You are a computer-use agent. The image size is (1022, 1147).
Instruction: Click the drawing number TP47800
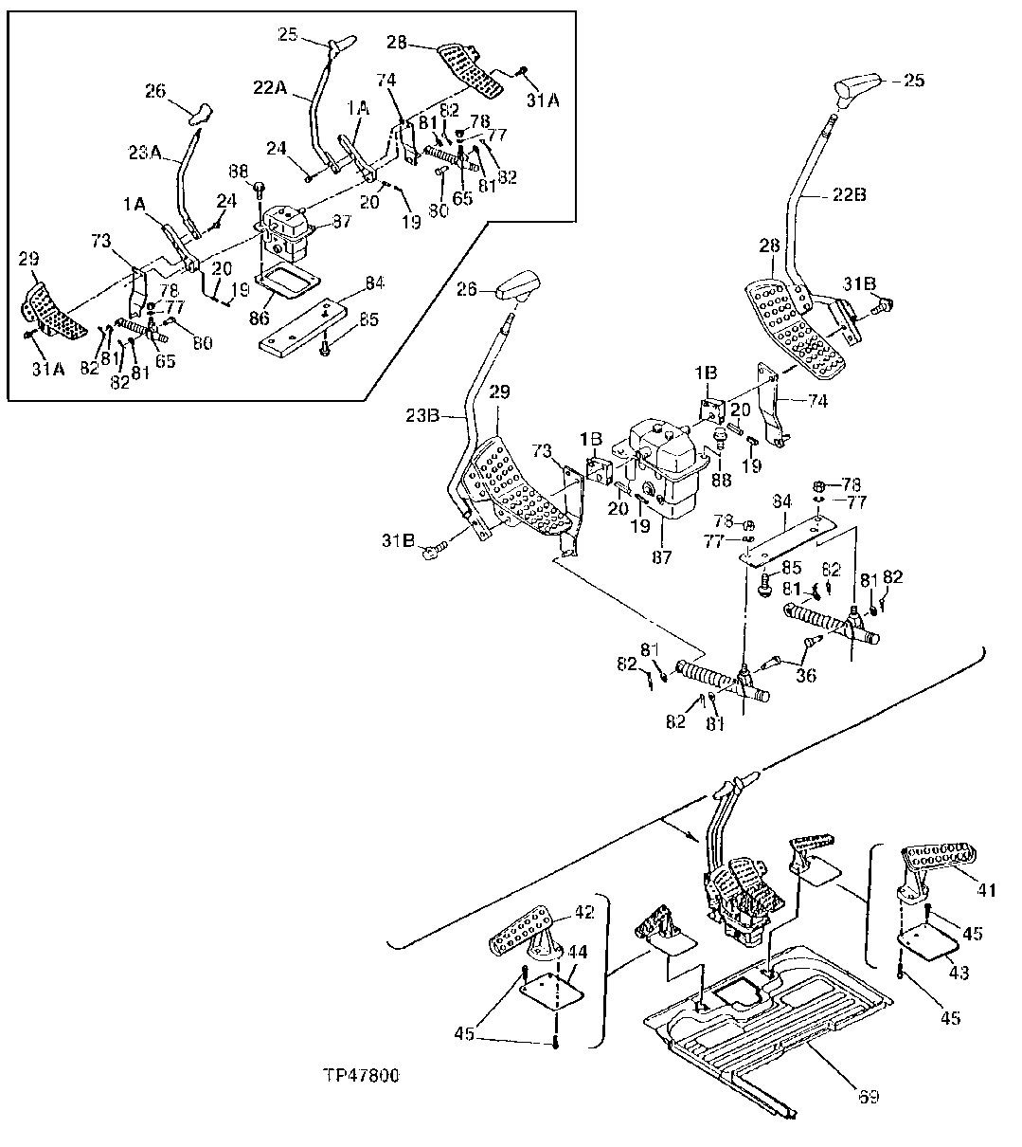360,1076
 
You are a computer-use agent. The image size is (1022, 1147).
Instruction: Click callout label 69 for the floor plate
869,1097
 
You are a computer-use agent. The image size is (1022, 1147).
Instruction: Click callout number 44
577,949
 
